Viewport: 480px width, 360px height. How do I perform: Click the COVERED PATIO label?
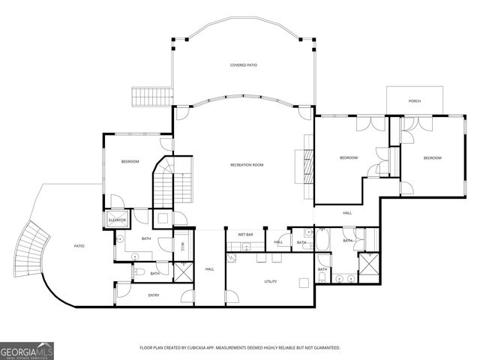click(x=244, y=66)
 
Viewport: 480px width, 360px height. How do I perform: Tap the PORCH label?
click(x=415, y=101)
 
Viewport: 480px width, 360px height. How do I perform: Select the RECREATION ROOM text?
click(x=247, y=165)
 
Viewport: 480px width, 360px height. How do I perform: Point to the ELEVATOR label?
click(x=117, y=220)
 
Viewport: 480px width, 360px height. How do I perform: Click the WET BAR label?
click(x=245, y=235)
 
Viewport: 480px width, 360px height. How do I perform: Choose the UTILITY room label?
click(x=271, y=282)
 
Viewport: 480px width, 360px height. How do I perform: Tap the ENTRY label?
click(x=154, y=295)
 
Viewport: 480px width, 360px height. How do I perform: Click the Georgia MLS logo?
click(x=27, y=350)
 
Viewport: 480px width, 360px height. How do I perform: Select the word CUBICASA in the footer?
click(x=210, y=348)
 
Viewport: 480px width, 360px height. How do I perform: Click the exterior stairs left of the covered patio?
click(x=144, y=97)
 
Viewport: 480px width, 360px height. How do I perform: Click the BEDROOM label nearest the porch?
click(x=432, y=158)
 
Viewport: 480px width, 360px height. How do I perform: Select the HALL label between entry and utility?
click(x=210, y=268)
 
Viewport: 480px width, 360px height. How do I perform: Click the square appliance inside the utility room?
click(x=303, y=283)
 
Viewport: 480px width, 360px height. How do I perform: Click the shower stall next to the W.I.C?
click(x=182, y=271)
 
